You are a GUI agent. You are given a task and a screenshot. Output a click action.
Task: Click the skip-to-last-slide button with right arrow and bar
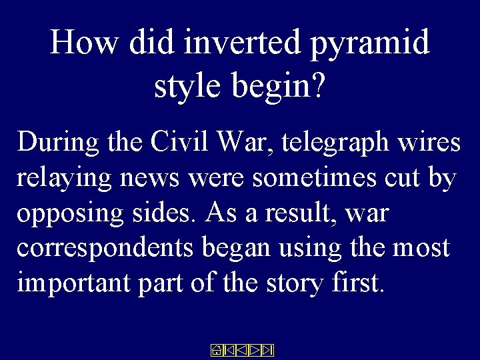[x=268, y=350]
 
